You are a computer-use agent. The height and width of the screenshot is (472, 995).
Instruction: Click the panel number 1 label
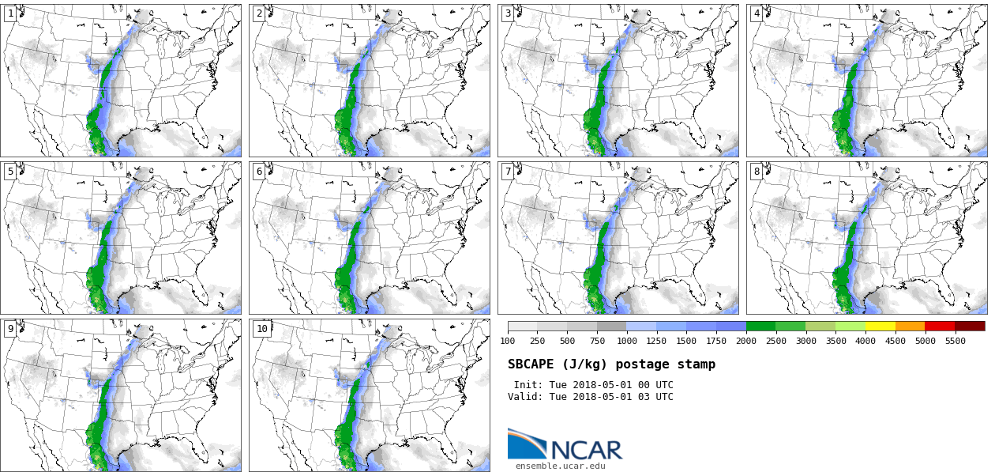coord(10,13)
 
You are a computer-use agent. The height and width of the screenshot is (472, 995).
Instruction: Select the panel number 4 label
coord(757,13)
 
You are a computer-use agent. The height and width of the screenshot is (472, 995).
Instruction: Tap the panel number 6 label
coord(259,172)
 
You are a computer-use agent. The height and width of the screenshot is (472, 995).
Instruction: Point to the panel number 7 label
coord(508,172)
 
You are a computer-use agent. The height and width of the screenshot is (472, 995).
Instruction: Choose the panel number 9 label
coord(10,329)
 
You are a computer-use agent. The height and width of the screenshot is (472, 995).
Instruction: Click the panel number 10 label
coord(261,329)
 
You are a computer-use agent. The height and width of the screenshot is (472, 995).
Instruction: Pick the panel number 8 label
coord(757,172)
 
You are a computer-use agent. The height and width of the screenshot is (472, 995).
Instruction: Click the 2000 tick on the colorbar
coord(746,341)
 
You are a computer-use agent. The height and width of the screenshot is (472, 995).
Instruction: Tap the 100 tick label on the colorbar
coord(508,341)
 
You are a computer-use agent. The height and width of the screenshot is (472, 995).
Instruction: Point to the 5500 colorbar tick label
coord(955,341)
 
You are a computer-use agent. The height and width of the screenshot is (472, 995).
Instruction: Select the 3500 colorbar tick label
coord(835,341)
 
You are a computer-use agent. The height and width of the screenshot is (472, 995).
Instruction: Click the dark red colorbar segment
coord(970,326)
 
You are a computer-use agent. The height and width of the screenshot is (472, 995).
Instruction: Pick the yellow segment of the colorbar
coord(880,326)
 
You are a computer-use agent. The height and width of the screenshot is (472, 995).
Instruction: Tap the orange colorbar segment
coord(910,326)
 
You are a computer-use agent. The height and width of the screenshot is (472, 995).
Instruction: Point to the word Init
coord(528,385)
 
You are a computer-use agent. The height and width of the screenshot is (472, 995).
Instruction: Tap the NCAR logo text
coord(586,450)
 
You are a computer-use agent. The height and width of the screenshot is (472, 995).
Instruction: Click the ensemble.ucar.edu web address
coord(560,466)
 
